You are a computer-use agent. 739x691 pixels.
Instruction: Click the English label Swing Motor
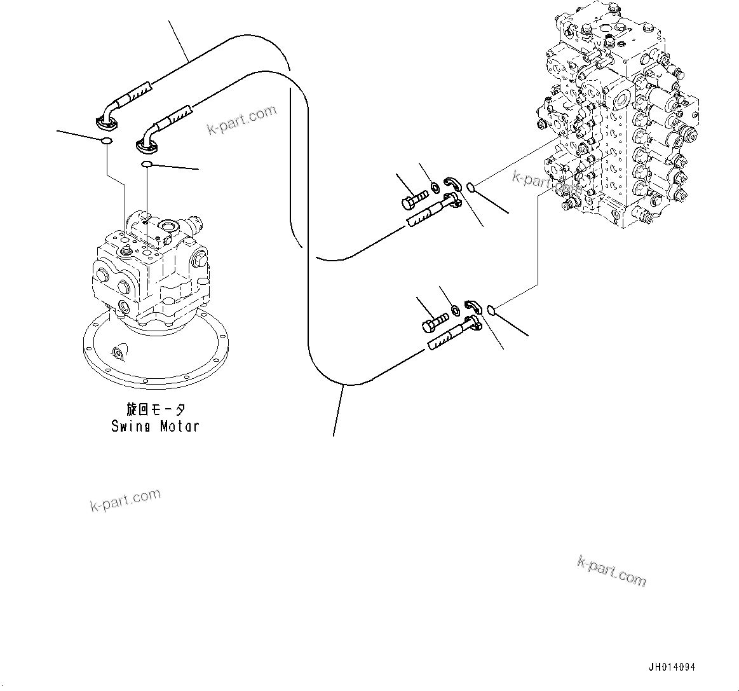(x=155, y=427)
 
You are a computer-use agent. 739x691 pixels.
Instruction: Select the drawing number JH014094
(x=672, y=667)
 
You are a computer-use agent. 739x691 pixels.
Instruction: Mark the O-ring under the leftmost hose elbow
(x=107, y=141)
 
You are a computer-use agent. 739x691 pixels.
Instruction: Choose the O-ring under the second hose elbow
(x=146, y=165)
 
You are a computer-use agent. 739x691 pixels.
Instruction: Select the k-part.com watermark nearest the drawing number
(x=611, y=571)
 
